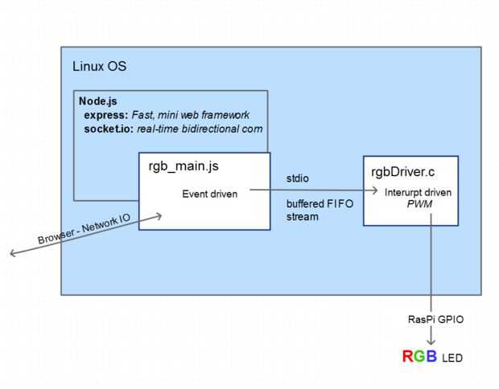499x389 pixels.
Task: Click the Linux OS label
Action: pyautogui.click(x=99, y=67)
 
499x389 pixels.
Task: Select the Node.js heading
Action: pyautogui.click(x=98, y=101)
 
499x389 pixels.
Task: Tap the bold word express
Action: pyautogui.click(x=106, y=115)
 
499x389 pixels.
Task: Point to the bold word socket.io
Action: pyautogui.click(x=109, y=129)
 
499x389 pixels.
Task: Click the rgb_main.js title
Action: pyautogui.click(x=184, y=166)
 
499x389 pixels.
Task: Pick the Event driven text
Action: pyautogui.click(x=210, y=194)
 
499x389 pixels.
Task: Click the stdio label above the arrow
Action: pyautogui.click(x=298, y=178)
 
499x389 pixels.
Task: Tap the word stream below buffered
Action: pyautogui.click(x=303, y=217)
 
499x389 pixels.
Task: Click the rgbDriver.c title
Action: pyautogui.click(x=403, y=172)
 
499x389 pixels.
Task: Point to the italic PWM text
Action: pyautogui.click(x=419, y=204)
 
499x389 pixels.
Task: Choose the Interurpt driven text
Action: pyautogui.click(x=418, y=193)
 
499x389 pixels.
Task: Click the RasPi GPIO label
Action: pyautogui.click(x=435, y=319)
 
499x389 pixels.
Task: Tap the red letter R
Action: pyautogui.click(x=408, y=356)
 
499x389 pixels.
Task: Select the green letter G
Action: pyautogui.click(x=419, y=356)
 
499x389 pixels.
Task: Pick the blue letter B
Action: pyautogui.click(x=431, y=356)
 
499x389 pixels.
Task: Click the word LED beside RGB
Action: pyautogui.click(x=452, y=358)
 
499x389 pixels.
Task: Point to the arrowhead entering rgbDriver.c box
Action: pyautogui.click(x=375, y=190)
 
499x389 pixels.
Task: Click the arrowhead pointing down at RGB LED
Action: pyautogui.click(x=431, y=342)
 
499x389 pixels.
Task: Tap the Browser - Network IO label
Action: pyautogui.click(x=84, y=229)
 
